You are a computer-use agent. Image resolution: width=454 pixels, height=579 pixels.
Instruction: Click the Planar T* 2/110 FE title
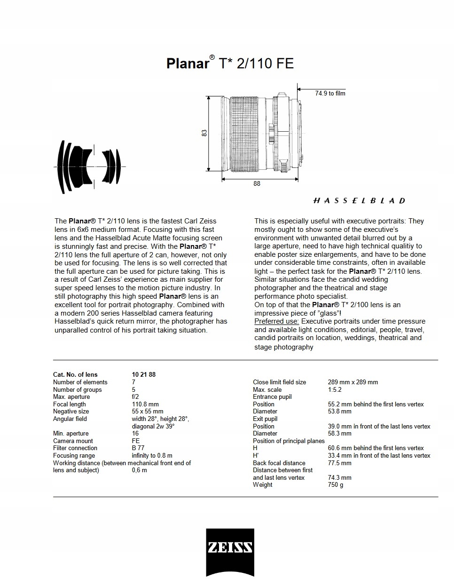pyautogui.click(x=230, y=63)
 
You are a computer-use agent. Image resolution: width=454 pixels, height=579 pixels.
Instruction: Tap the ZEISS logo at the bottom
pyautogui.click(x=230, y=548)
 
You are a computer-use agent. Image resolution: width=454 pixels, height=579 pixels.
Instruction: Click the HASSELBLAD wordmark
pyautogui.click(x=359, y=201)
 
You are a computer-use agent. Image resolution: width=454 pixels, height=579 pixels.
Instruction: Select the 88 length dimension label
pyautogui.click(x=257, y=184)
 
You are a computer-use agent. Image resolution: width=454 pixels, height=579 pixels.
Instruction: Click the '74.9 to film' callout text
pyautogui.click(x=330, y=94)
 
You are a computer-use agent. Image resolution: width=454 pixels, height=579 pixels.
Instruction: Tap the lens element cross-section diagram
pyautogui.click(x=89, y=167)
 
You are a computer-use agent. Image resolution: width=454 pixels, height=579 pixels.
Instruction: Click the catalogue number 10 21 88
pyautogui.click(x=144, y=375)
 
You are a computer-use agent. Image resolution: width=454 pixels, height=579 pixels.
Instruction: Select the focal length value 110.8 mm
pyautogui.click(x=145, y=404)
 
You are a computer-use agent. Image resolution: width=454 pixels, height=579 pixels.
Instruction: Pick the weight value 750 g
pyautogui.click(x=336, y=485)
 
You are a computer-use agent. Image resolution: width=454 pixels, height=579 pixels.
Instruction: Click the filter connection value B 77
pyautogui.click(x=138, y=448)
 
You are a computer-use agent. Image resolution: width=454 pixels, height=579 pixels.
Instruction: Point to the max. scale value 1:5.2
pyautogui.click(x=335, y=389)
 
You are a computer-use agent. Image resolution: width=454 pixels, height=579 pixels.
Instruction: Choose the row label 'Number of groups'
pyautogui.click(x=77, y=389)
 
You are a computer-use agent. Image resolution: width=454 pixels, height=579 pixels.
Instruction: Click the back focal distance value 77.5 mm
pyautogui.click(x=339, y=463)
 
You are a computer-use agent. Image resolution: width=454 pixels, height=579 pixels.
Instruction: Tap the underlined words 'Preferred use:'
pyautogui.click(x=276, y=321)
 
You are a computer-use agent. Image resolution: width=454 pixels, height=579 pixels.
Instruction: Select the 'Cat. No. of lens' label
pyautogui.click(x=75, y=375)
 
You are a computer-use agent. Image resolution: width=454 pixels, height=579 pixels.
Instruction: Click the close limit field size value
pyautogui.click(x=352, y=382)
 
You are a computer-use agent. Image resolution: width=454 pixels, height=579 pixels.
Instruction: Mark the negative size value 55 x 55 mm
pyautogui.click(x=148, y=412)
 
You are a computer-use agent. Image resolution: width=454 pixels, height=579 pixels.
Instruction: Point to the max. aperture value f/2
pyautogui.click(x=135, y=397)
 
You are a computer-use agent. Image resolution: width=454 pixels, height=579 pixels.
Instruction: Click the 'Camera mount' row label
pyautogui.click(x=73, y=441)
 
